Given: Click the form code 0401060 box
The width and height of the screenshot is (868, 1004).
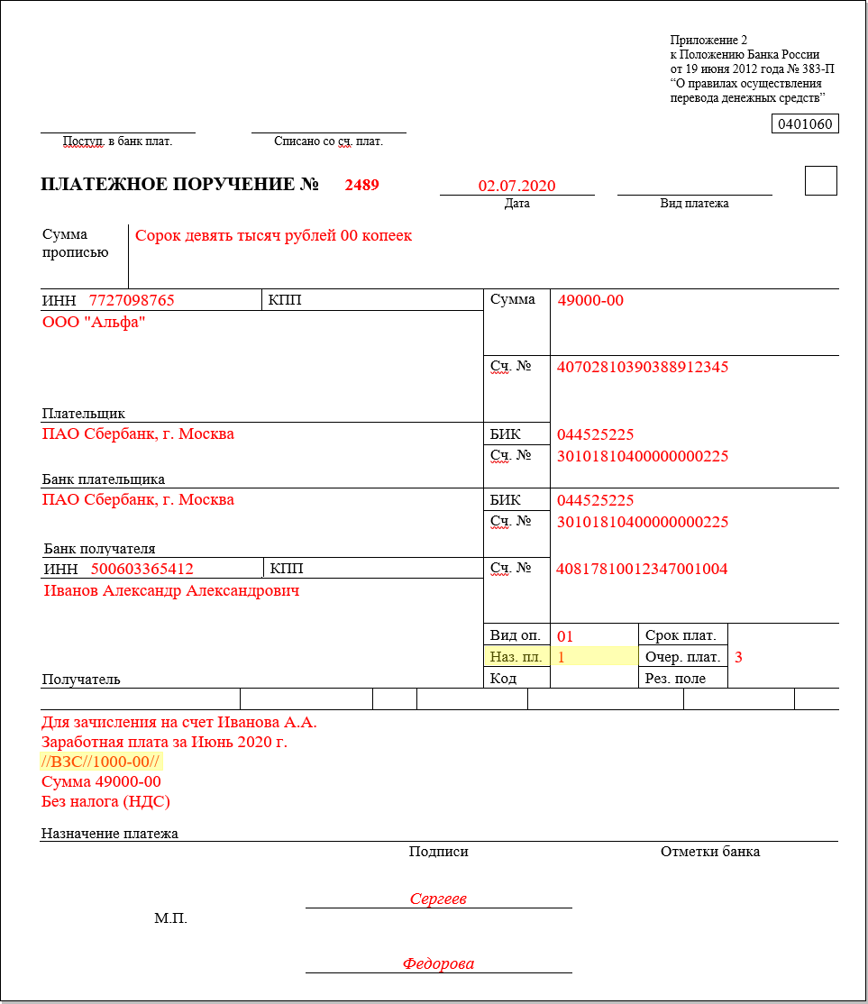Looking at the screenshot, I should click(x=805, y=124).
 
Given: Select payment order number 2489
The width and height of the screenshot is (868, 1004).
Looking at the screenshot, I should click(x=361, y=186).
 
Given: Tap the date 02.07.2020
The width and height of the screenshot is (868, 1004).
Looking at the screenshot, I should click(x=516, y=187).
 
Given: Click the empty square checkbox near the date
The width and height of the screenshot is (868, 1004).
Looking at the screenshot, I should click(x=820, y=181).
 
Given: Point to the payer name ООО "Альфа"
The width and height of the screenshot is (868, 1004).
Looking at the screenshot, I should click(x=94, y=323).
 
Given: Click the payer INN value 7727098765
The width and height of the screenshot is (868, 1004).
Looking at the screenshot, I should click(x=132, y=300).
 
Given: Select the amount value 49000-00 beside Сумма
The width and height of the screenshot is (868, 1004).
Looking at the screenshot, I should click(x=590, y=300).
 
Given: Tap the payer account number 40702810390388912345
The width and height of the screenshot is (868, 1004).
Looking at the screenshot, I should click(x=643, y=367).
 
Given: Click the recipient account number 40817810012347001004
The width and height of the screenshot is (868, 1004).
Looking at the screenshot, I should click(x=642, y=569).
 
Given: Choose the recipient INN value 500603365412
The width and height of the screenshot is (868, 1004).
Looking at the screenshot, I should click(x=142, y=569).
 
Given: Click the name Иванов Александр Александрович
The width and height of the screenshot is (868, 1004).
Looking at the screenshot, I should click(x=171, y=591).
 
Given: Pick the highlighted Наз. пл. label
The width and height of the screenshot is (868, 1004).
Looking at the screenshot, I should click(x=516, y=657).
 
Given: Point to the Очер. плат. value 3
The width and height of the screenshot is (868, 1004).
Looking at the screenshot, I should click(x=738, y=657).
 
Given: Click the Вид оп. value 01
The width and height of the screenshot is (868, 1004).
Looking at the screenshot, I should click(x=565, y=636).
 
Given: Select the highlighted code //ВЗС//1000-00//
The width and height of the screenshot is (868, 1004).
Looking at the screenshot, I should click(x=101, y=762).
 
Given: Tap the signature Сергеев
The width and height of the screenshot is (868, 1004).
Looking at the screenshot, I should click(x=438, y=899).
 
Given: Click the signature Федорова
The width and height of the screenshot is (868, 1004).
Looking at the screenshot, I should click(x=438, y=963).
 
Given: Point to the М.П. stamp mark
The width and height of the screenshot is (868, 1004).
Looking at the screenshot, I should click(x=170, y=918).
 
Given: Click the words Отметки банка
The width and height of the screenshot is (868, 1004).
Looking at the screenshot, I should click(x=709, y=852).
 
